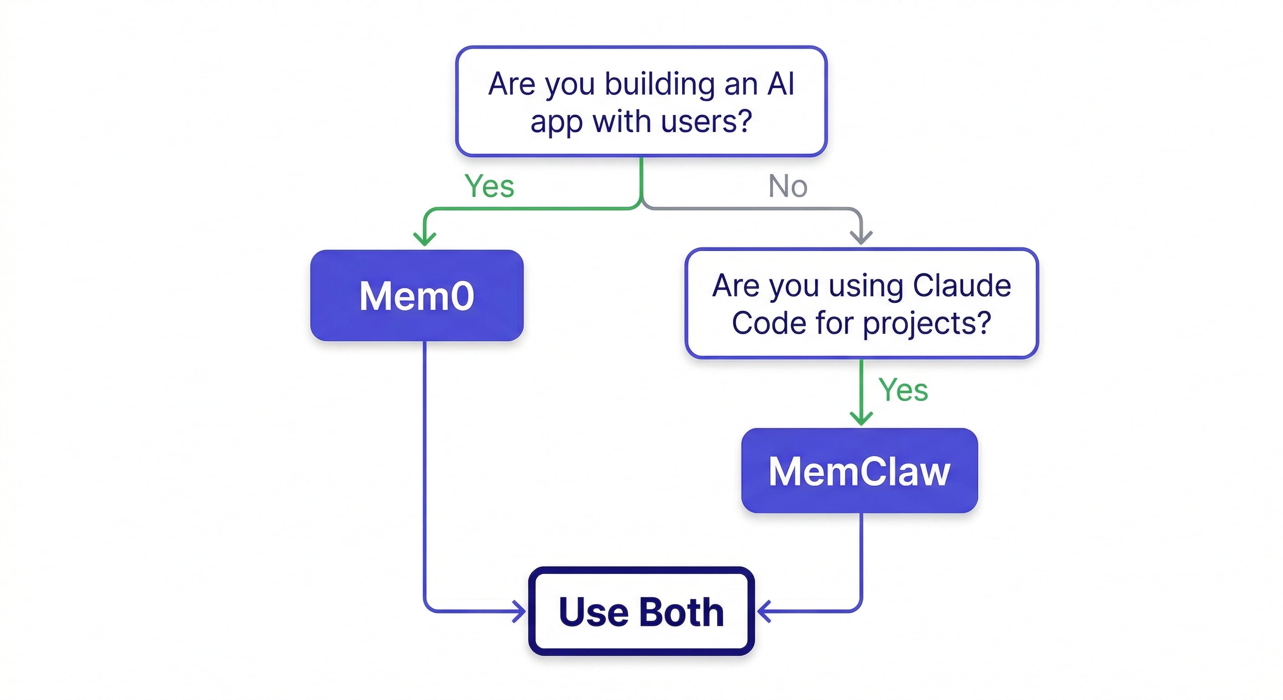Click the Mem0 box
416,295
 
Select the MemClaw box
859,470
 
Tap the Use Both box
641,611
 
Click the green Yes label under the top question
489,186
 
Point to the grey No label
787,186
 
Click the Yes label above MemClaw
903,390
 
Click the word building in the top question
661,84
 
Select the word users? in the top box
706,122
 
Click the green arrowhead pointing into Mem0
425,239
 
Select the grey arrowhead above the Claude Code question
861,237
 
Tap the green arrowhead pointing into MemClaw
861,417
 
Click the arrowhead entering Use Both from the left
519,611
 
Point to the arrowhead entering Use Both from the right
764,611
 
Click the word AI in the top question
780,84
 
